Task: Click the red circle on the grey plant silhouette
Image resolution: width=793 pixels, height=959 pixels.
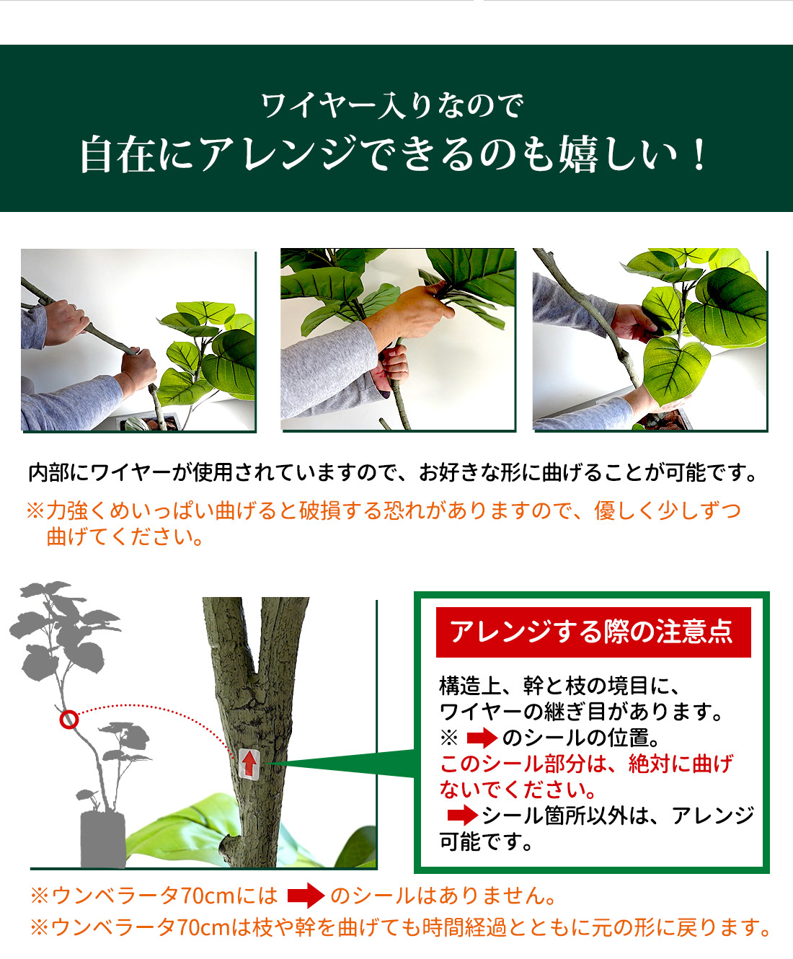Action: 69,720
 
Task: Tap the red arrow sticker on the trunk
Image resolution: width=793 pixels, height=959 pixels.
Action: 249,764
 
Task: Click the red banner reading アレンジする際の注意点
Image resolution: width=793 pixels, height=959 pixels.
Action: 593,632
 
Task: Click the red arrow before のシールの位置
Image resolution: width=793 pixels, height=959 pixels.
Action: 482,739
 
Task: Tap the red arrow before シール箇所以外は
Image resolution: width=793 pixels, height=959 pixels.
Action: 463,816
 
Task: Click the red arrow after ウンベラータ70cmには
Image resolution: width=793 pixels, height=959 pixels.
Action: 306,896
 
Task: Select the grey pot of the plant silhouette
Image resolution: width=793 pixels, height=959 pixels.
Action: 103,840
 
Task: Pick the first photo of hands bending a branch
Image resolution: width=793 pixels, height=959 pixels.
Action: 138,340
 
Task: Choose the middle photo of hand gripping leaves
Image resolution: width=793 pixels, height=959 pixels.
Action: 398,340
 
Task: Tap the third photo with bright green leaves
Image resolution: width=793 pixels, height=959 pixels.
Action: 650,340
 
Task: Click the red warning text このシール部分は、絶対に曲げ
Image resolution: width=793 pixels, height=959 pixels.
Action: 586,764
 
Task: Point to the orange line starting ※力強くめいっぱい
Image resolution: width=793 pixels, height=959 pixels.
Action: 384,511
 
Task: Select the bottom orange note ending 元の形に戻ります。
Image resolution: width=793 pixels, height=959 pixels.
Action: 400,927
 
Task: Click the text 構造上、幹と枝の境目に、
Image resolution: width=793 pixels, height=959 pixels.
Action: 559,686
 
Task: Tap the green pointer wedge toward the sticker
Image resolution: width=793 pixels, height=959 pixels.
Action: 340,764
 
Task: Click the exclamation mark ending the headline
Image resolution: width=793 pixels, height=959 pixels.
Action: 699,155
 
